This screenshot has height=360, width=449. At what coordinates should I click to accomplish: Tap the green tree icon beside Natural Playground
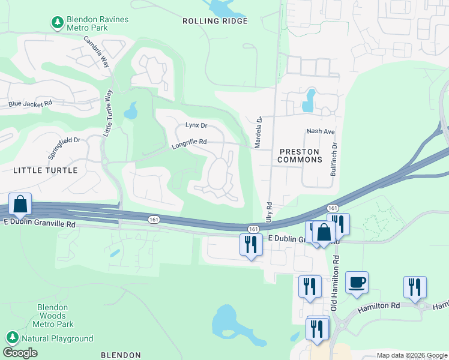coord(11,338)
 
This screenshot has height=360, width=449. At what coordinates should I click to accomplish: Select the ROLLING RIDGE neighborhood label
coord(215,21)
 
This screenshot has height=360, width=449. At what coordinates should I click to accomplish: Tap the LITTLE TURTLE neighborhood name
coord(45,170)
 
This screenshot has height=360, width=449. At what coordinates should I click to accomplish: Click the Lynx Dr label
coord(196,125)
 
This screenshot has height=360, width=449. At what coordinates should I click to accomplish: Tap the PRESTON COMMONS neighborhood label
coord(300,156)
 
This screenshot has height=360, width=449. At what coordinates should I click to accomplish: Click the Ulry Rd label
coord(269,213)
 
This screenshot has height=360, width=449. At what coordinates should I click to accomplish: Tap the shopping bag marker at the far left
coord(20,205)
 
